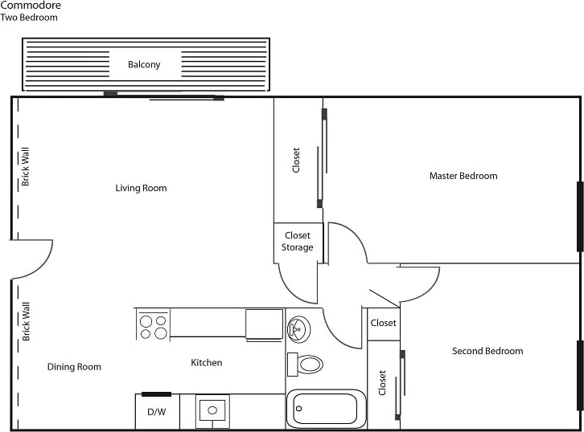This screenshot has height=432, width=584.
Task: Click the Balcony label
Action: coord(144,65)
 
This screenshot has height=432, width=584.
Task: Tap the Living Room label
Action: coord(141,189)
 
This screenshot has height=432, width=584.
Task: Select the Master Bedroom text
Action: coord(463,176)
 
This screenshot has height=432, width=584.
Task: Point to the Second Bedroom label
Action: coord(487,351)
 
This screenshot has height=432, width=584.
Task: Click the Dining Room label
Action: coord(74,367)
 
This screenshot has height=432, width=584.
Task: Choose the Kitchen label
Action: coord(206,363)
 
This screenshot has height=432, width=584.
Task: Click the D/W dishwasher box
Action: coord(156,412)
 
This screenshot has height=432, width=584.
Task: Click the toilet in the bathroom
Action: coord(306,364)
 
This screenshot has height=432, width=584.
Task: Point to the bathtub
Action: coord(326,410)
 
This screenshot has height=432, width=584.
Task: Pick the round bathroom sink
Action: coord(298,328)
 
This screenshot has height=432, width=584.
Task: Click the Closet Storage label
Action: coord(298,242)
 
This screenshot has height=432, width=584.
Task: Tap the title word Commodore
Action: coord(30,6)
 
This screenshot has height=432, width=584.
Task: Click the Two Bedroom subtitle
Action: coord(29,18)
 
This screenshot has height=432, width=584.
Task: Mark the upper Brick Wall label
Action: coord(26,167)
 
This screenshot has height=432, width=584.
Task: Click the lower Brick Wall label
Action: coord(26,321)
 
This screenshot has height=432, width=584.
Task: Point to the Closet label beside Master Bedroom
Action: coord(296,161)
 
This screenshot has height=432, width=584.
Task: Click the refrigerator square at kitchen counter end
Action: coord(264,325)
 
